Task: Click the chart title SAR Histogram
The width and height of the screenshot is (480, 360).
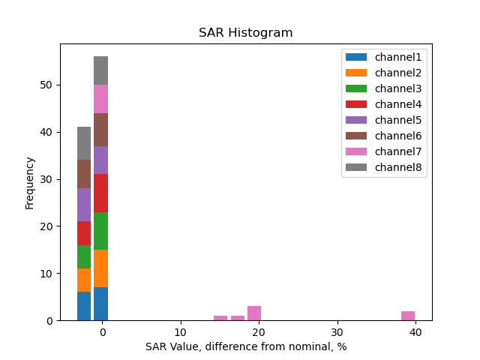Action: click(x=245, y=33)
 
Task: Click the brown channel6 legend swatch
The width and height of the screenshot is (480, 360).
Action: click(x=355, y=136)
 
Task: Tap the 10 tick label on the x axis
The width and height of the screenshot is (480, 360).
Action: click(x=180, y=332)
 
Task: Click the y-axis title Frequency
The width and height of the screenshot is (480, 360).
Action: click(x=30, y=182)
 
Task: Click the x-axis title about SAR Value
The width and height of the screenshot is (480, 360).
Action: click(x=246, y=346)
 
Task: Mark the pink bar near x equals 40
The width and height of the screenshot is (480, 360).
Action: click(x=408, y=316)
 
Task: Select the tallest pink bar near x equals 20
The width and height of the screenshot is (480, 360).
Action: click(x=254, y=313)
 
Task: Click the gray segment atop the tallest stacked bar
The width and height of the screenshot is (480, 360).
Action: click(x=101, y=70)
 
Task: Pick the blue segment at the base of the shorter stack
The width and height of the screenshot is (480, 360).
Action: click(x=84, y=306)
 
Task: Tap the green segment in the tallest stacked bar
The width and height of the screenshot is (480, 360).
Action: click(x=101, y=231)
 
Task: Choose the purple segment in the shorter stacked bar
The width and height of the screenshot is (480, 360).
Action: click(x=84, y=205)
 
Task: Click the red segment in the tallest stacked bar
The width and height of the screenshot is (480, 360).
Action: click(x=101, y=193)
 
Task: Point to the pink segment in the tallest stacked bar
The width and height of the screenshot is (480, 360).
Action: click(x=101, y=99)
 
